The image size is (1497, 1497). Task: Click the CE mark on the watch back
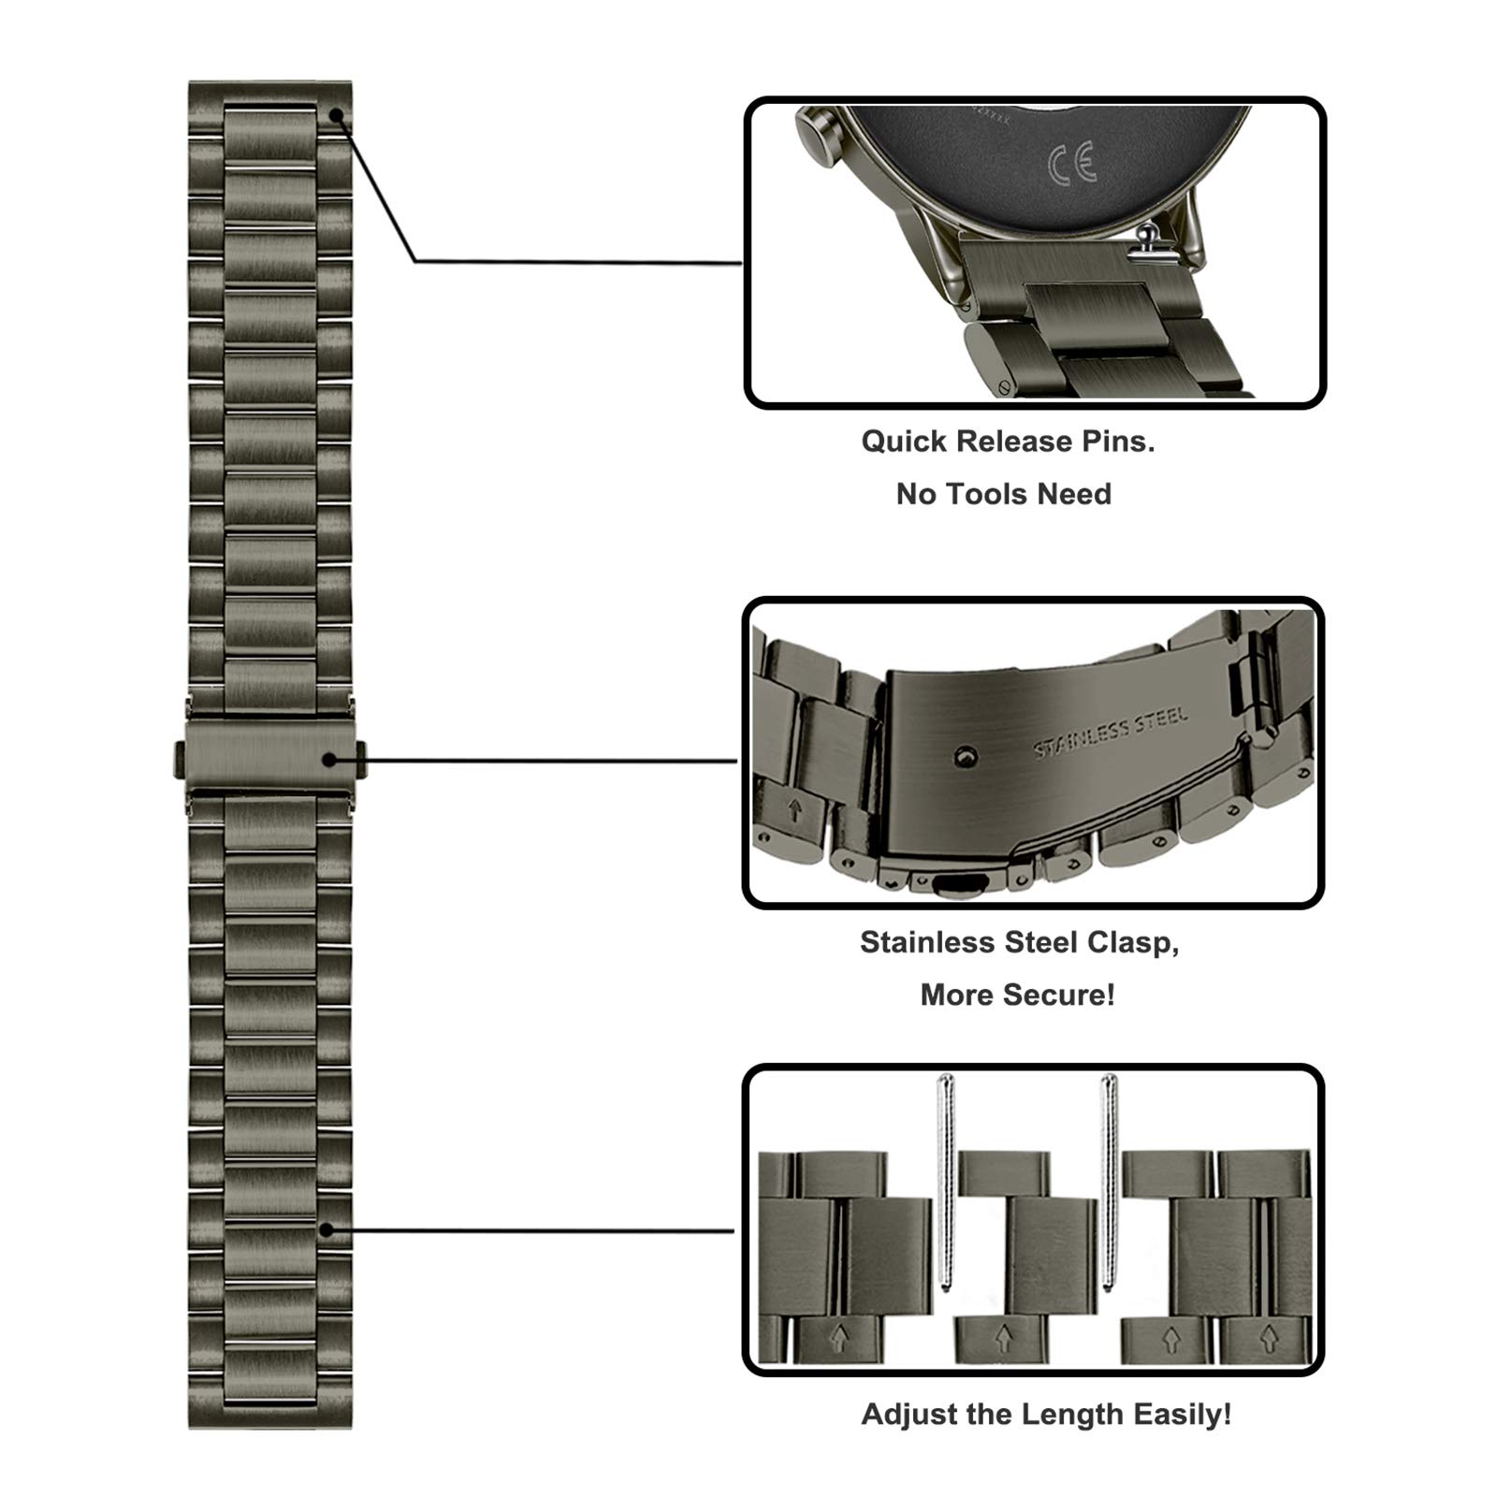pos(1071,162)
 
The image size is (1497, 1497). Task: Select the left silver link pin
pos(945,1184)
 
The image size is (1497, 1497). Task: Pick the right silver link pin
pos(1109,1184)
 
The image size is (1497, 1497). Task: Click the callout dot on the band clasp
pos(329,760)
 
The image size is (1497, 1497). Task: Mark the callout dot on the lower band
pos(325,1229)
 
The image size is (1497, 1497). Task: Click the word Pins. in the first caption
pos(1118,442)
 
